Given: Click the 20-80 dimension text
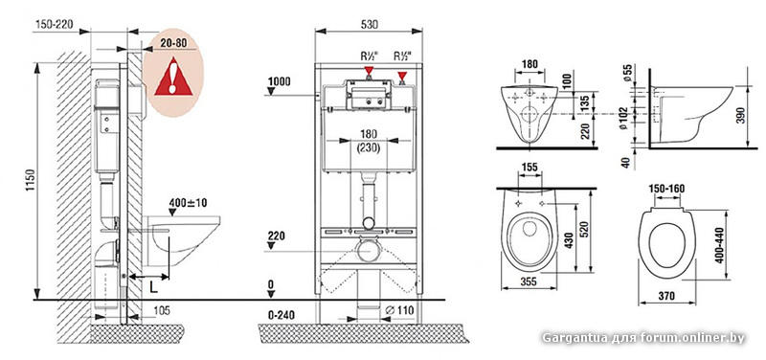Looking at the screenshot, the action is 173,43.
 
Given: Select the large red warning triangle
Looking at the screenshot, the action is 173,77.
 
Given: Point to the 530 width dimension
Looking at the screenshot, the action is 370,25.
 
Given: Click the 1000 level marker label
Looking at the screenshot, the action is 279,81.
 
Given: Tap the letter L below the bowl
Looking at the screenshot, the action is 153,287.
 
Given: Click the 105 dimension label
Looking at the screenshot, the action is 161,311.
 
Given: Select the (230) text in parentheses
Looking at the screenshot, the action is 369,147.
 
